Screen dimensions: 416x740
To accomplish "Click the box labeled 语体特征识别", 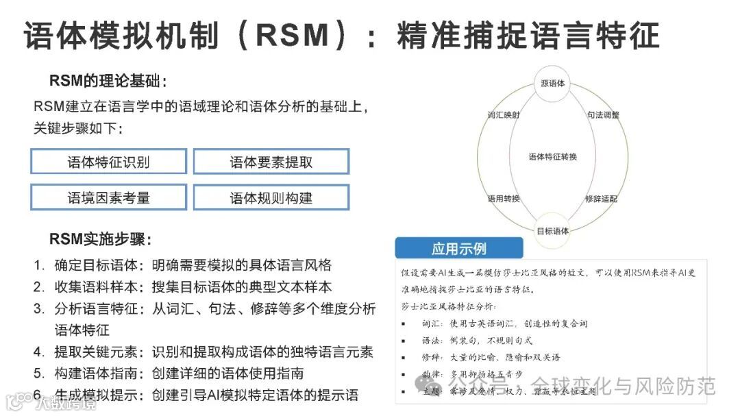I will [108, 162].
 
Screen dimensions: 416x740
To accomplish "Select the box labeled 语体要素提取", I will [271, 162].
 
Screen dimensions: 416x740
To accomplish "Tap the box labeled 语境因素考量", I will [108, 198].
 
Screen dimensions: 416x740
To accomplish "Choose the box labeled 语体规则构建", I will [271, 198].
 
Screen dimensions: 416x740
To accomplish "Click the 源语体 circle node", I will [552, 84].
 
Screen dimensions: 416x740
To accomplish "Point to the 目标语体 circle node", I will [552, 230].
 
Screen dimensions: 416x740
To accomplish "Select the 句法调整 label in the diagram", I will [603, 114].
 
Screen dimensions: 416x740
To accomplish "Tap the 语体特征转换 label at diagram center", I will [552, 157].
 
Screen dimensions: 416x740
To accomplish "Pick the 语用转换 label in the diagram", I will [503, 199].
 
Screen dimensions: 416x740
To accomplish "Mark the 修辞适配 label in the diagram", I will [602, 199].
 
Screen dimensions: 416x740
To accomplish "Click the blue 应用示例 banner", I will [458, 248].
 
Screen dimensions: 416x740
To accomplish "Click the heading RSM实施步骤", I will [100, 240].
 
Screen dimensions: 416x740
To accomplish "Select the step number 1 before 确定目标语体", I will [38, 265].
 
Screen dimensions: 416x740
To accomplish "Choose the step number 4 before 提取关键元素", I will [38, 352].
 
